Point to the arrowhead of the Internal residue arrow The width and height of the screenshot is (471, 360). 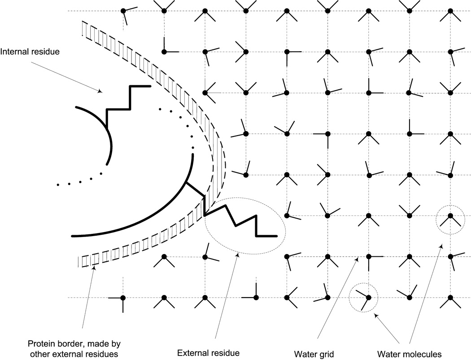[x=101, y=92]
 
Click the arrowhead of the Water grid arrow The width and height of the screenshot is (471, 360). [x=357, y=258]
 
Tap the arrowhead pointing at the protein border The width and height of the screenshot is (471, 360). [x=94, y=268]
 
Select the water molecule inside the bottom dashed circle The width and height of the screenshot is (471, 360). [x=368, y=297]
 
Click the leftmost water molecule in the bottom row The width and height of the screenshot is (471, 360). [x=122, y=298]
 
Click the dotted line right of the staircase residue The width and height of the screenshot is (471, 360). [x=179, y=119]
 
